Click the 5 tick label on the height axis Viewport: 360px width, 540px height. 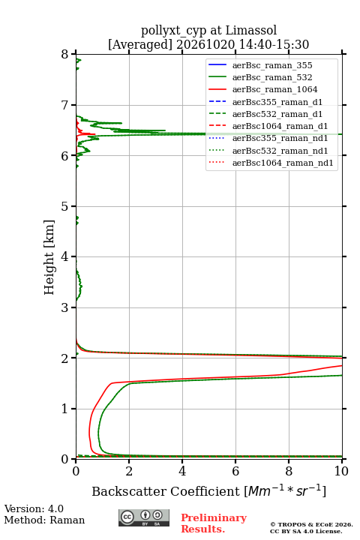click(x=65, y=206)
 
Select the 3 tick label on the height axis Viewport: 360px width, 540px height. click(x=65, y=307)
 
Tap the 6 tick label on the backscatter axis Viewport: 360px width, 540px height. click(x=235, y=471)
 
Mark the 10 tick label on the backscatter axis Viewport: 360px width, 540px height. click(x=341, y=471)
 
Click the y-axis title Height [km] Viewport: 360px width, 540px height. click(x=49, y=257)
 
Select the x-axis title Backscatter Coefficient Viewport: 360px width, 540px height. click(x=166, y=491)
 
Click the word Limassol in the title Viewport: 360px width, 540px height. click(x=251, y=31)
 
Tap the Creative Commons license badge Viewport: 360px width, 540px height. click(x=144, y=517)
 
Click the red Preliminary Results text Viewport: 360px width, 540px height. click(x=214, y=523)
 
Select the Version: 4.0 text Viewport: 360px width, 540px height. click(x=34, y=508)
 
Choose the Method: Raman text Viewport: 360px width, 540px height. click(x=44, y=520)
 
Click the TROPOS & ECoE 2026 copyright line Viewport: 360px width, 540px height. click(x=311, y=524)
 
